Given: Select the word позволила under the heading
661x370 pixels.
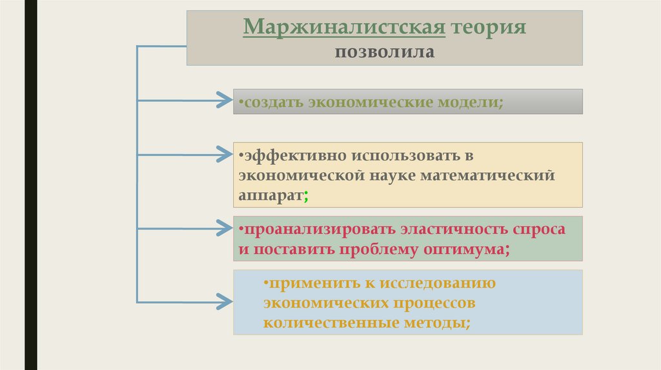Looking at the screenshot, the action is coord(384,51).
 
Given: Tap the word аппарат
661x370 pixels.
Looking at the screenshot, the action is coord(270,195).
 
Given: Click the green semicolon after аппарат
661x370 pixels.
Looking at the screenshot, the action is coord(305,195).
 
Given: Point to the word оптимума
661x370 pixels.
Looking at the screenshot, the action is coord(469,249).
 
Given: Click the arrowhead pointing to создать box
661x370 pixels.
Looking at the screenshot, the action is coord(223,101).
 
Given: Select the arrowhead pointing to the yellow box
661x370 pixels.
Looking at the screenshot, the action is coord(223,155).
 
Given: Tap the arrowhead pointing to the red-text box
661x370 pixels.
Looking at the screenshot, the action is coord(223,228).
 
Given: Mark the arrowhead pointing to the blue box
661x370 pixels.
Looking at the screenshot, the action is coord(223,300).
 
